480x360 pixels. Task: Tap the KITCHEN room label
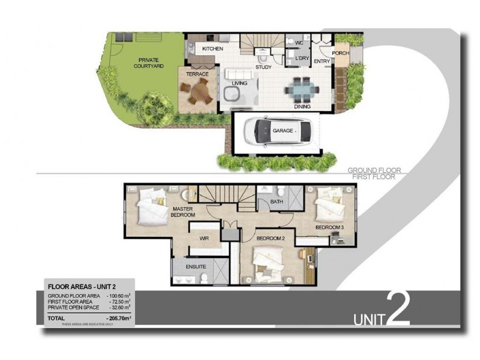point(212,48)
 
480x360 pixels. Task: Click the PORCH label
point(340,53)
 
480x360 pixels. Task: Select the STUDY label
point(263,67)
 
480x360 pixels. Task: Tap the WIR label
point(203,239)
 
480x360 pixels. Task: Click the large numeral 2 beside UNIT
point(397,308)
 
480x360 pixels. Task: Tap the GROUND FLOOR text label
point(374,170)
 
